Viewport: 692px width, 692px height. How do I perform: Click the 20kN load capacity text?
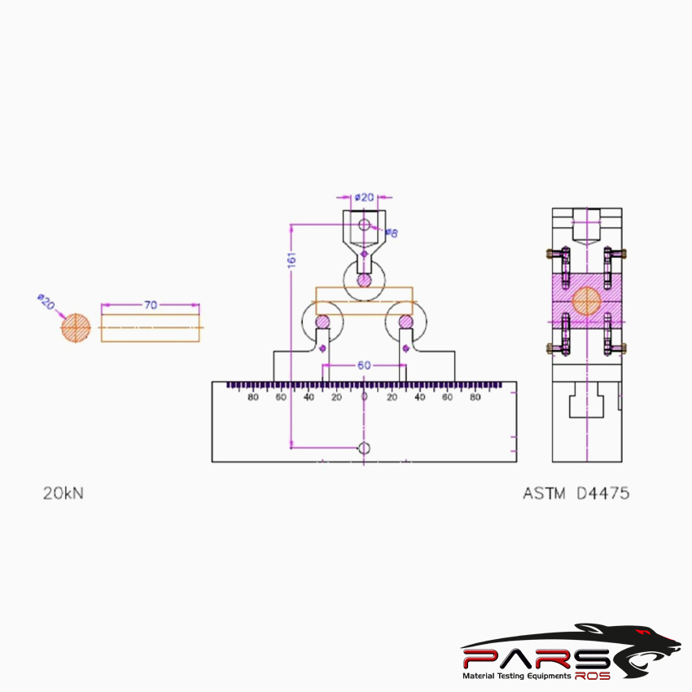[x=63, y=493]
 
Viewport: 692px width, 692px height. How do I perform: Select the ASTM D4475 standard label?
[x=576, y=493]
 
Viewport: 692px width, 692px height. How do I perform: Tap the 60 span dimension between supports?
[x=364, y=366]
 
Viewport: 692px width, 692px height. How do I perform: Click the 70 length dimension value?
[x=151, y=304]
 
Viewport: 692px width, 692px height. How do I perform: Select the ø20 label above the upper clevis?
[x=364, y=197]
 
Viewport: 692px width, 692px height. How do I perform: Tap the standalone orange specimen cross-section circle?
[x=76, y=328]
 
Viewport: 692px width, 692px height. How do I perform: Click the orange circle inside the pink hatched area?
[x=586, y=300]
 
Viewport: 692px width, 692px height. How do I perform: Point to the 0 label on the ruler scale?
[x=364, y=396]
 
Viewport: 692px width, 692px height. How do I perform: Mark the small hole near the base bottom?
[x=364, y=448]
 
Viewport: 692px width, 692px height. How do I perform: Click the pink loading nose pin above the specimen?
[x=364, y=280]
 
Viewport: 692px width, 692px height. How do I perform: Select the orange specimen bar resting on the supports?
[x=364, y=300]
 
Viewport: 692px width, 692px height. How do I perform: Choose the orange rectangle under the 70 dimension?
[x=151, y=328]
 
